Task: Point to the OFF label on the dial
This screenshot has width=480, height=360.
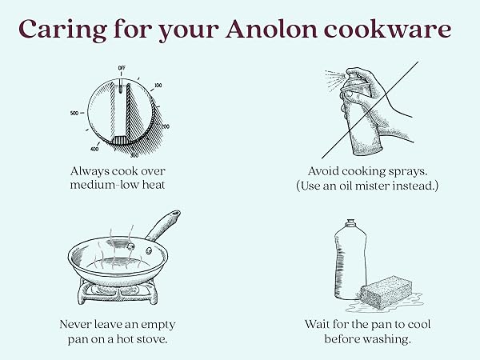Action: [x=122, y=68]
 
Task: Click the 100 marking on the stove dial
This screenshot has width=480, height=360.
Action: [x=158, y=84]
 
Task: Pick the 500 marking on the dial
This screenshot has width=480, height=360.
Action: [x=74, y=114]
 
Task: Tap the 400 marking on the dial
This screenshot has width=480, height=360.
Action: [x=94, y=149]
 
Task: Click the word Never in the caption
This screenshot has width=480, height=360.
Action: [x=76, y=325]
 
